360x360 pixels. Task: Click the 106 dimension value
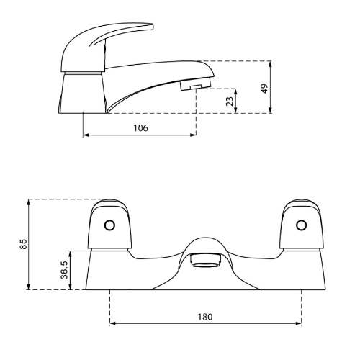pos(141,128)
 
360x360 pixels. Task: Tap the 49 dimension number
pos(264,89)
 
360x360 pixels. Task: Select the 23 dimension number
pos(230,101)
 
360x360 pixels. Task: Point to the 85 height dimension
pos(23,244)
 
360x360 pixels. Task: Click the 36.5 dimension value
pos(64,270)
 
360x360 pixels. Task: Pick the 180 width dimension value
pos(205,317)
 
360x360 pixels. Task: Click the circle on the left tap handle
pos(109,225)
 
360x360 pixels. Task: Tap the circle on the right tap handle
pos(301,225)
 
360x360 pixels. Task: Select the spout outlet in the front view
pos(205,261)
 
